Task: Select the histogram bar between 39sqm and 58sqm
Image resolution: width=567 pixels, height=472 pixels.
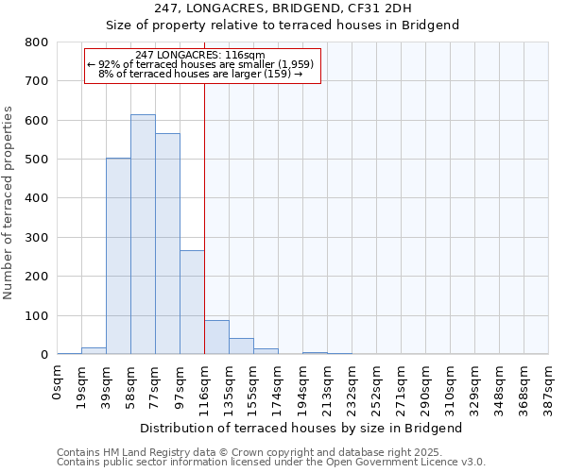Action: click(118, 256)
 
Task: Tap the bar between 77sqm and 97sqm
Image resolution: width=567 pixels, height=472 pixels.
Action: click(167, 244)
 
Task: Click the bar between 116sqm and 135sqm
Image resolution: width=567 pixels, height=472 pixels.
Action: click(216, 337)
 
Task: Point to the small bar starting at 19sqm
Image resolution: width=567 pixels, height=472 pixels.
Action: click(94, 350)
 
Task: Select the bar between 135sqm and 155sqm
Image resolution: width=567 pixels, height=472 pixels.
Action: click(241, 346)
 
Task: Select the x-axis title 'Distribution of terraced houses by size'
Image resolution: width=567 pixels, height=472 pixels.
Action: click(301, 428)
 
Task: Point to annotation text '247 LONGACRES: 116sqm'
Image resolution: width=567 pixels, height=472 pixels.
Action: click(206, 56)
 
